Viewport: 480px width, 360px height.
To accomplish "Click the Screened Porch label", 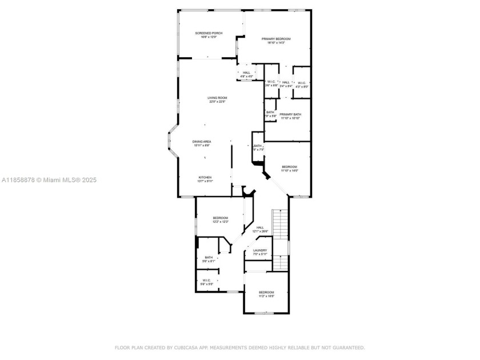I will click(x=209, y=33).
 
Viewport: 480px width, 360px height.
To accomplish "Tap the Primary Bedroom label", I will click(x=276, y=39).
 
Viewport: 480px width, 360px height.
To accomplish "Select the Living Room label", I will click(x=217, y=98).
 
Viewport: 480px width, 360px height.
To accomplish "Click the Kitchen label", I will click(x=205, y=177).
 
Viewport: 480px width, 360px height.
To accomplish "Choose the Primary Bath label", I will click(x=290, y=114).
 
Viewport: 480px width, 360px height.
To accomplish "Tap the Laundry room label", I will click(x=260, y=250).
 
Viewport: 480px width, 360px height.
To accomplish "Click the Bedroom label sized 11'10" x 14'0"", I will click(x=289, y=167).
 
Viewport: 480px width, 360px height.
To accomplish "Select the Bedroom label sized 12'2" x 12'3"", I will click(x=221, y=218).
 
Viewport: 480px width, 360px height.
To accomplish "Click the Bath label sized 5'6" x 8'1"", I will click(x=209, y=258).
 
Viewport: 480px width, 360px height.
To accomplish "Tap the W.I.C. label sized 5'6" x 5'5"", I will click(x=206, y=281).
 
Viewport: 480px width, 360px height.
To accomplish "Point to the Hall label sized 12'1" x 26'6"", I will click(x=260, y=227).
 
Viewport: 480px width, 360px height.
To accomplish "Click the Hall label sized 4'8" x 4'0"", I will click(x=246, y=73).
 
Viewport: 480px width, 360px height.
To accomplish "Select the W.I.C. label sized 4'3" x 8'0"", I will click(x=302, y=83).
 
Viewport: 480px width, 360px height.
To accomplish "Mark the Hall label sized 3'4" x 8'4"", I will click(x=286, y=82).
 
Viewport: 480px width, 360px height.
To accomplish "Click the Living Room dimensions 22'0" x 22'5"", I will click(x=217, y=102).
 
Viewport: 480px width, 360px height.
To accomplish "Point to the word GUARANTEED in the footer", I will click(x=346, y=347).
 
